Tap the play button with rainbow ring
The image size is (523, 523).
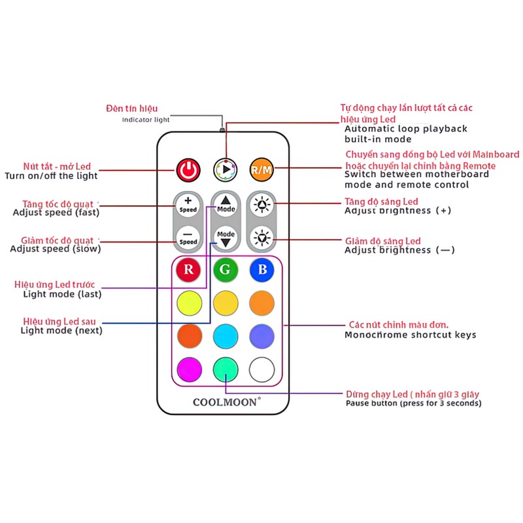tap(225, 170)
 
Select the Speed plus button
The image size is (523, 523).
tap(188, 205)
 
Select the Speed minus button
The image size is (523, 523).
tap(188, 237)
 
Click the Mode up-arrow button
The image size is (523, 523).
tap(226, 205)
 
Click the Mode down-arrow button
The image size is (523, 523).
tap(226, 238)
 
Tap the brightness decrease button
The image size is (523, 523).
tap(262, 237)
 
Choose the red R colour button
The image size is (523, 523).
tap(188, 269)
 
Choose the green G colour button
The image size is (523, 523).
tap(225, 269)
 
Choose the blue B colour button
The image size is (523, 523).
tap(261, 269)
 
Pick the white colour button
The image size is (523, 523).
tap(261, 370)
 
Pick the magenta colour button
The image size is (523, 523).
tap(188, 370)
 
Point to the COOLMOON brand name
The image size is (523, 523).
tap(225, 402)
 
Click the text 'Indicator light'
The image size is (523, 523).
tap(146, 120)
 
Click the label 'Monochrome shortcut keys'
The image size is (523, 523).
tap(410, 335)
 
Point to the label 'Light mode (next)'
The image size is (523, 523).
tap(61, 331)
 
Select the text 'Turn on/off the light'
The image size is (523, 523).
tap(51, 176)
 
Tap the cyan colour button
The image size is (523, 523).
tap(225, 335)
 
